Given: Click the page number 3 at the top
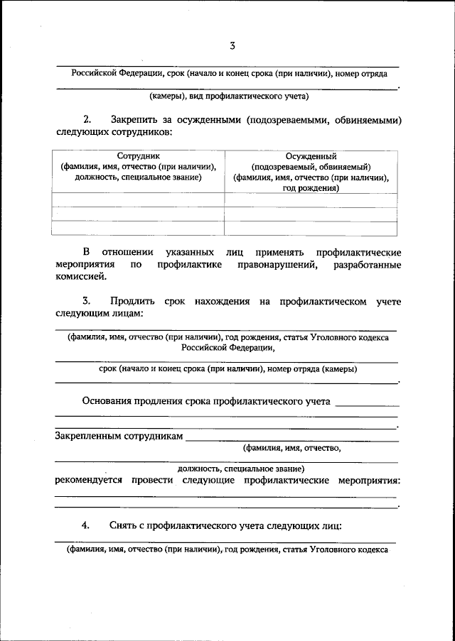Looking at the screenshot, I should (x=232, y=46).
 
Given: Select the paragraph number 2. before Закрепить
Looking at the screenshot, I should (x=87, y=119).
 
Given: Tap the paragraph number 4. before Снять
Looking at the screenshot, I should (x=86, y=525).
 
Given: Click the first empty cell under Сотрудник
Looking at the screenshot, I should (x=138, y=199).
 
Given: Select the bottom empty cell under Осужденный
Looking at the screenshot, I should (x=311, y=228).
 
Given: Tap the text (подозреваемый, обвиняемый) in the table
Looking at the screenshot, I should (x=311, y=167).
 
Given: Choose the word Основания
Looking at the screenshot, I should (x=111, y=401).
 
